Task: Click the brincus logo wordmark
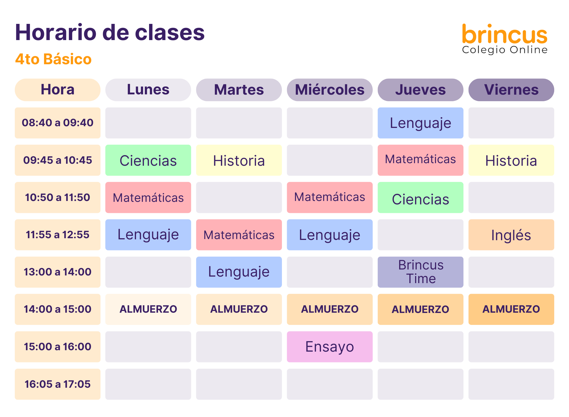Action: click(505, 34)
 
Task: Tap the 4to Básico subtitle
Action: click(53, 59)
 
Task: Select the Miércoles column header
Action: click(330, 90)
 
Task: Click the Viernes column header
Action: click(511, 90)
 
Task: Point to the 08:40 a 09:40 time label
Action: click(57, 123)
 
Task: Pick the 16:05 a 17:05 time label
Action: click(57, 384)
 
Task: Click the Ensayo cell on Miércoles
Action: click(330, 347)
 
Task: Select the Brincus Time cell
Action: click(420, 272)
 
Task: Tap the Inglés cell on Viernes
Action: click(511, 235)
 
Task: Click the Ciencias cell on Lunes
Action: click(148, 160)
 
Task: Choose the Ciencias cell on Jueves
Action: click(420, 198)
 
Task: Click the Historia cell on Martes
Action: click(239, 160)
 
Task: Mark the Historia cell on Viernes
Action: click(511, 160)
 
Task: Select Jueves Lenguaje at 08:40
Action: click(420, 123)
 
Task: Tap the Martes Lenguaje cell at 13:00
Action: click(239, 272)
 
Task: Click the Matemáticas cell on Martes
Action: click(239, 235)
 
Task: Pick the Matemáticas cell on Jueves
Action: click(420, 160)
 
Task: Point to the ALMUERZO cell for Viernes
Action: click(511, 309)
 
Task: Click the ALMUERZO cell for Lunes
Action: click(148, 309)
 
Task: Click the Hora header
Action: click(57, 90)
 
